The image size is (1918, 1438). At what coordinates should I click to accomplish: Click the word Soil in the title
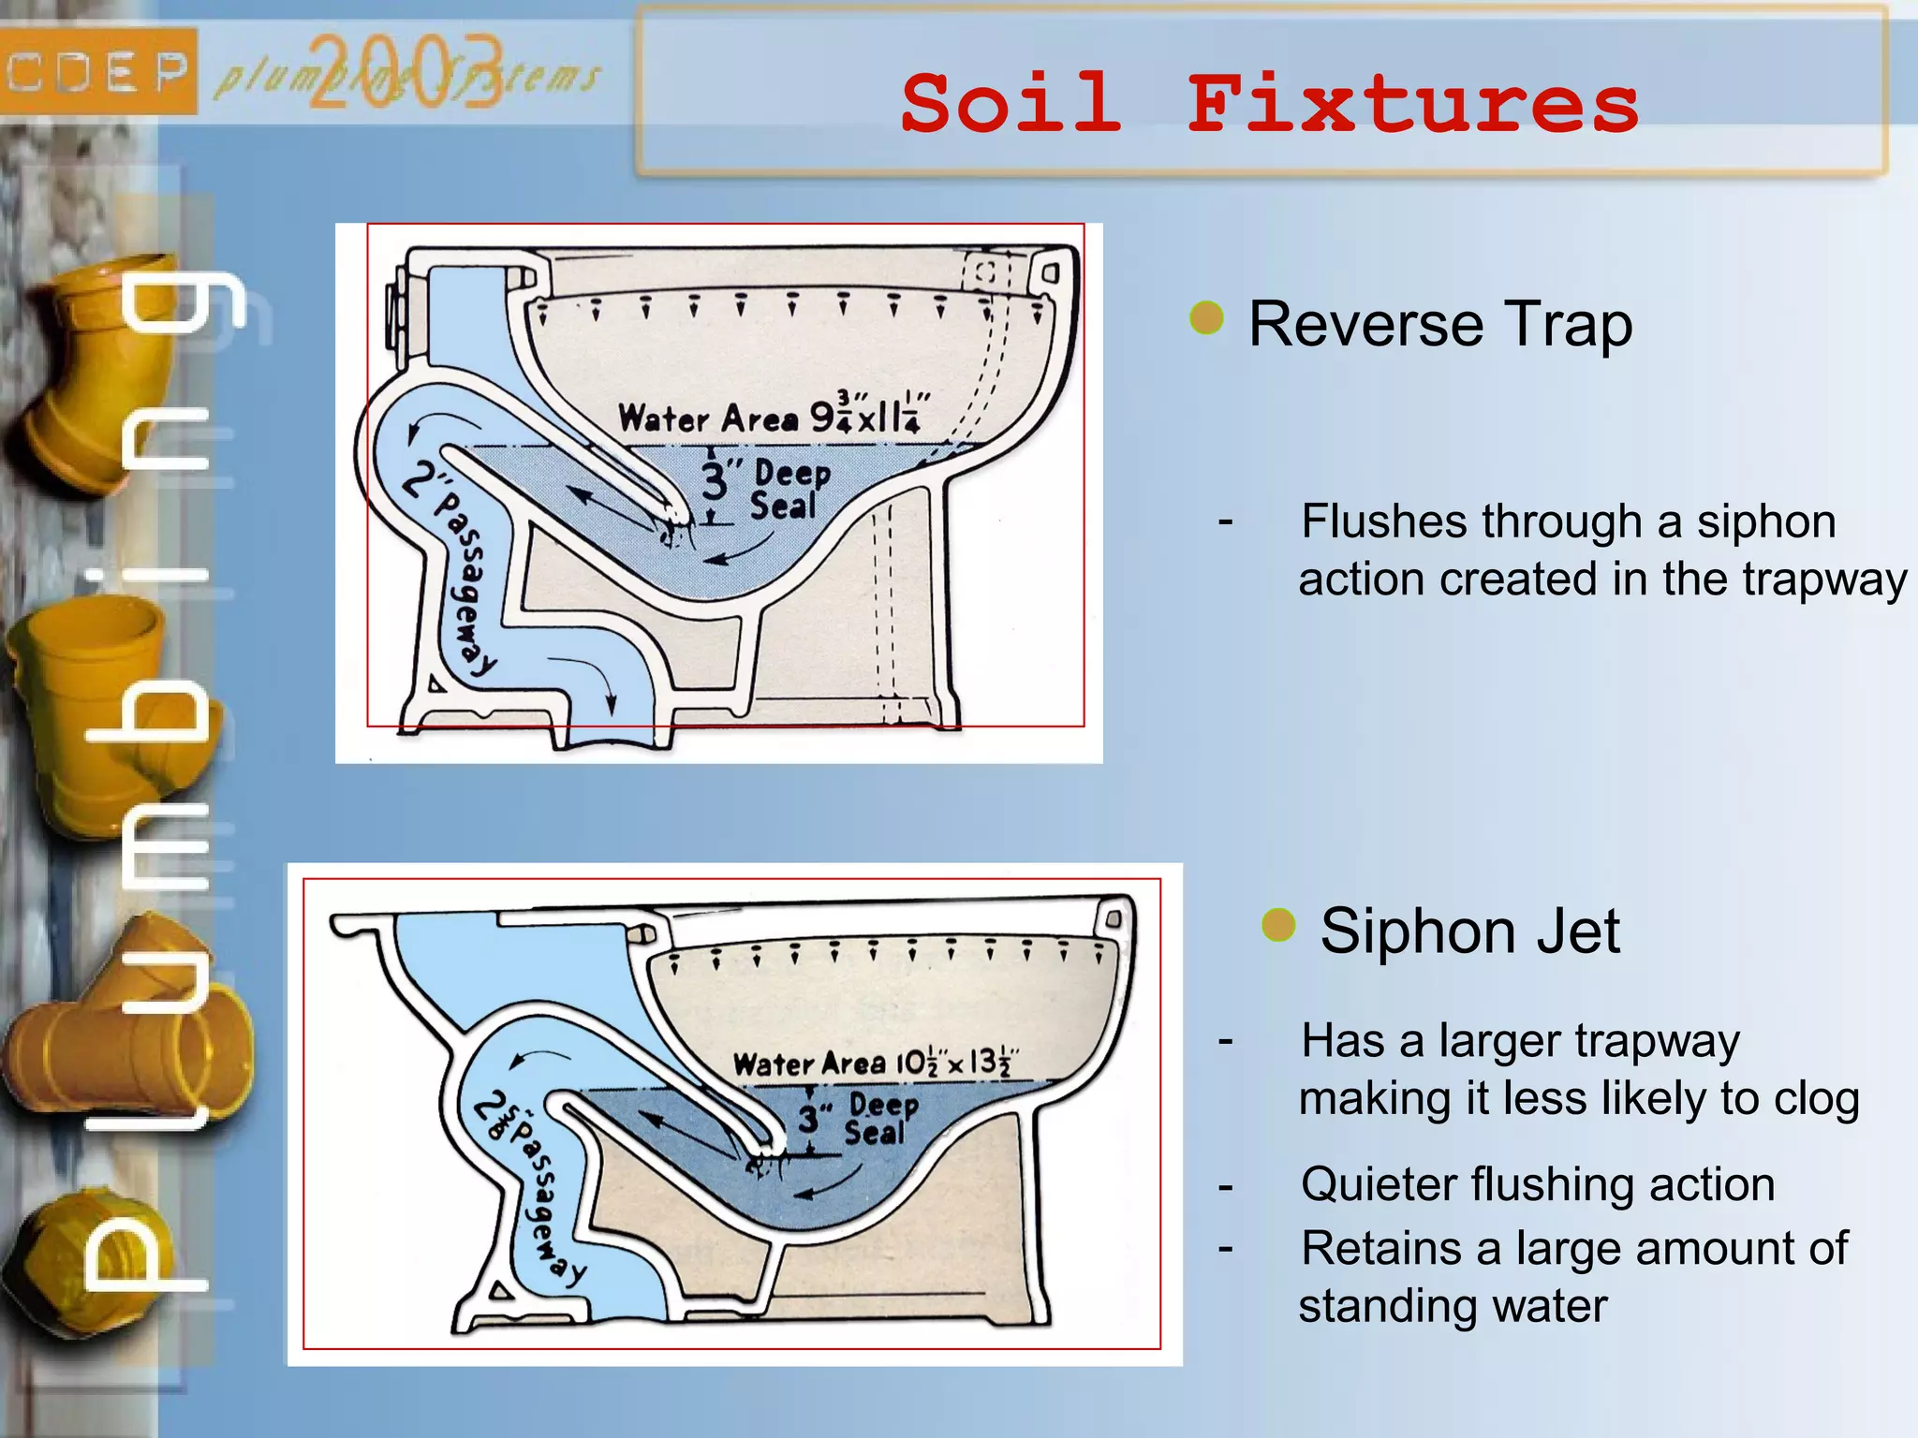(x=1011, y=103)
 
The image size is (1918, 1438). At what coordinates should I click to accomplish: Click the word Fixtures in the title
(x=1412, y=105)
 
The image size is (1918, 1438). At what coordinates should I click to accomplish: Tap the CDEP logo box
(x=97, y=71)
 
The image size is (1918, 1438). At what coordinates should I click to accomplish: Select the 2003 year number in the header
(x=405, y=73)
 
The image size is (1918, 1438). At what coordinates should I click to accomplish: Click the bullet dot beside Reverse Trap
(x=1206, y=318)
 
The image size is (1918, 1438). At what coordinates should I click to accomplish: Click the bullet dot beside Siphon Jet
(x=1278, y=925)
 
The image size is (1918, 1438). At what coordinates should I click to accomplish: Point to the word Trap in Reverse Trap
(x=1568, y=325)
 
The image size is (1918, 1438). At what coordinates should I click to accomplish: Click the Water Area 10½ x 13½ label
(x=874, y=1063)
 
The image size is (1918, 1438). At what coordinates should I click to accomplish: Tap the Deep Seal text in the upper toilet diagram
(x=789, y=489)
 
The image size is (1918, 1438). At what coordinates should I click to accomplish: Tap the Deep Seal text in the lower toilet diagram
(x=880, y=1119)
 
